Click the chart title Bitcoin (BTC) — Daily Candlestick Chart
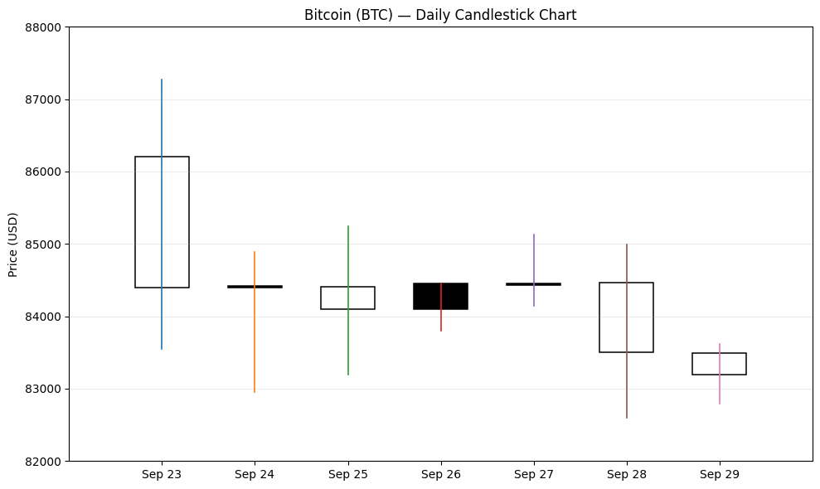click(x=439, y=15)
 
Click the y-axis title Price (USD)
click(x=13, y=244)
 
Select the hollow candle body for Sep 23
click(x=135, y=222)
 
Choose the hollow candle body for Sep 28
click(x=600, y=317)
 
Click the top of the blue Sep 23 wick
click(x=162, y=79)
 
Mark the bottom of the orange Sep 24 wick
click(x=255, y=392)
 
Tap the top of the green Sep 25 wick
click(x=347, y=226)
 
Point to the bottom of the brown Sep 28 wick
click(x=627, y=418)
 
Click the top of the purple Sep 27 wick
click(x=534, y=235)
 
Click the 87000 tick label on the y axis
click(x=43, y=99)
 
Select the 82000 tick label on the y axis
click(x=43, y=462)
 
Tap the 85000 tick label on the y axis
click(x=43, y=244)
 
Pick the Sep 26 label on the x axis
click(x=441, y=474)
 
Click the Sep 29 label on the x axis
click(x=720, y=474)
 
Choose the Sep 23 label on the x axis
click(x=162, y=474)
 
